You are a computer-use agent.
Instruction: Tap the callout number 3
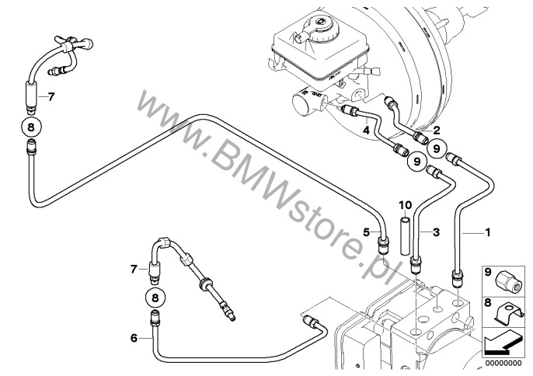click(437, 232)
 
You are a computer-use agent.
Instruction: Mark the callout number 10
click(404, 206)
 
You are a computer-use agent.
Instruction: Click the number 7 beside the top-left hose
click(51, 98)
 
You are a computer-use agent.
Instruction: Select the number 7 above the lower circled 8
click(134, 269)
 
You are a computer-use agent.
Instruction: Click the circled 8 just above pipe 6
click(155, 297)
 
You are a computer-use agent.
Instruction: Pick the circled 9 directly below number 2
click(436, 148)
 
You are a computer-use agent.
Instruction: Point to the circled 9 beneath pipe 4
click(416, 162)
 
